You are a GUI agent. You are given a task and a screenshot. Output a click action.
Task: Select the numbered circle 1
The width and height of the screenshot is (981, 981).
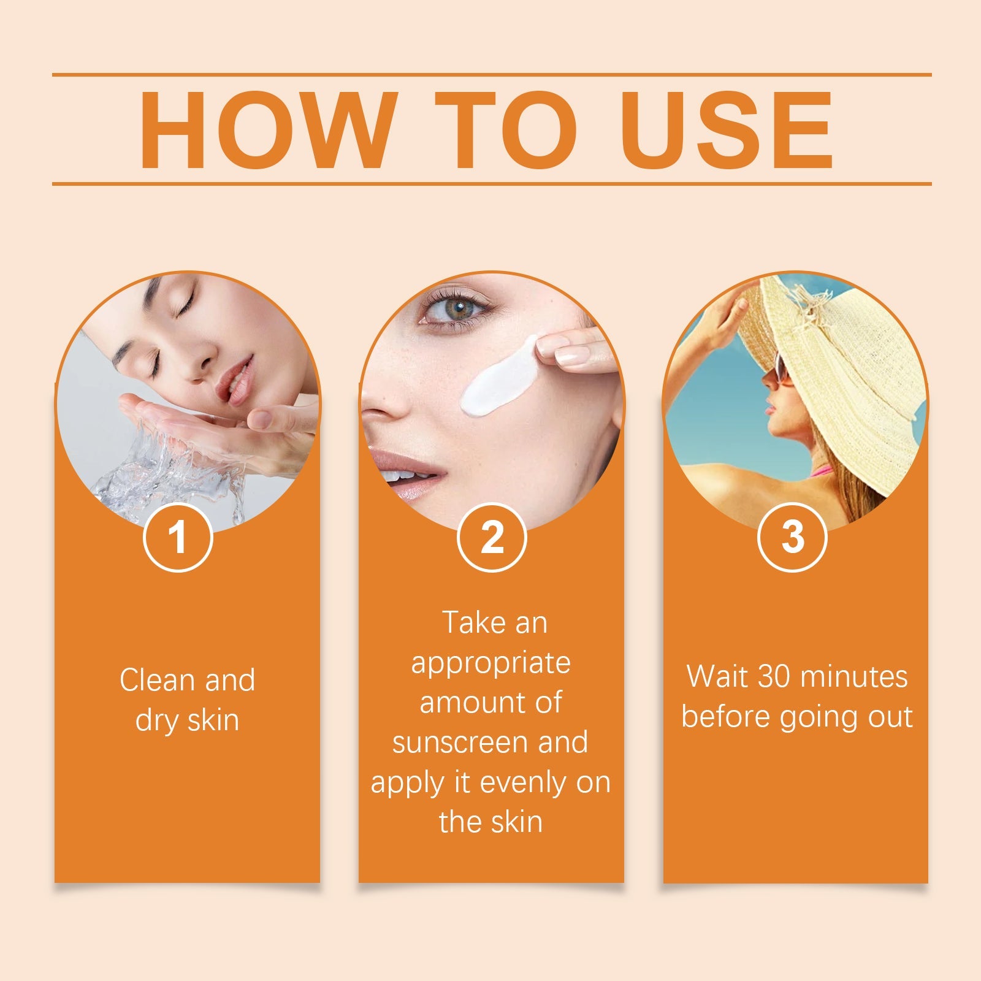point(178,537)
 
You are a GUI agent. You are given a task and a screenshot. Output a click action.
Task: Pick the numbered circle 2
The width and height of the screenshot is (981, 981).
point(492,537)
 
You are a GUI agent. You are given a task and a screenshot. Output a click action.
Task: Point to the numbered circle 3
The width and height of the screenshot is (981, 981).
point(792,537)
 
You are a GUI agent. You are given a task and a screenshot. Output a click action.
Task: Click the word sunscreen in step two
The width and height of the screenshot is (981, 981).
point(462,742)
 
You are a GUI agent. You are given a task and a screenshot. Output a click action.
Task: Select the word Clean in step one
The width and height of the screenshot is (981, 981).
point(157,680)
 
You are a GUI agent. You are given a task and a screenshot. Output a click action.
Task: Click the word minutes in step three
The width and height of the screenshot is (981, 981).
point(853,677)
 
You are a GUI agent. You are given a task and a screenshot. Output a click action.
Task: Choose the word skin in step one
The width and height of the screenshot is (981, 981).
point(213,720)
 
